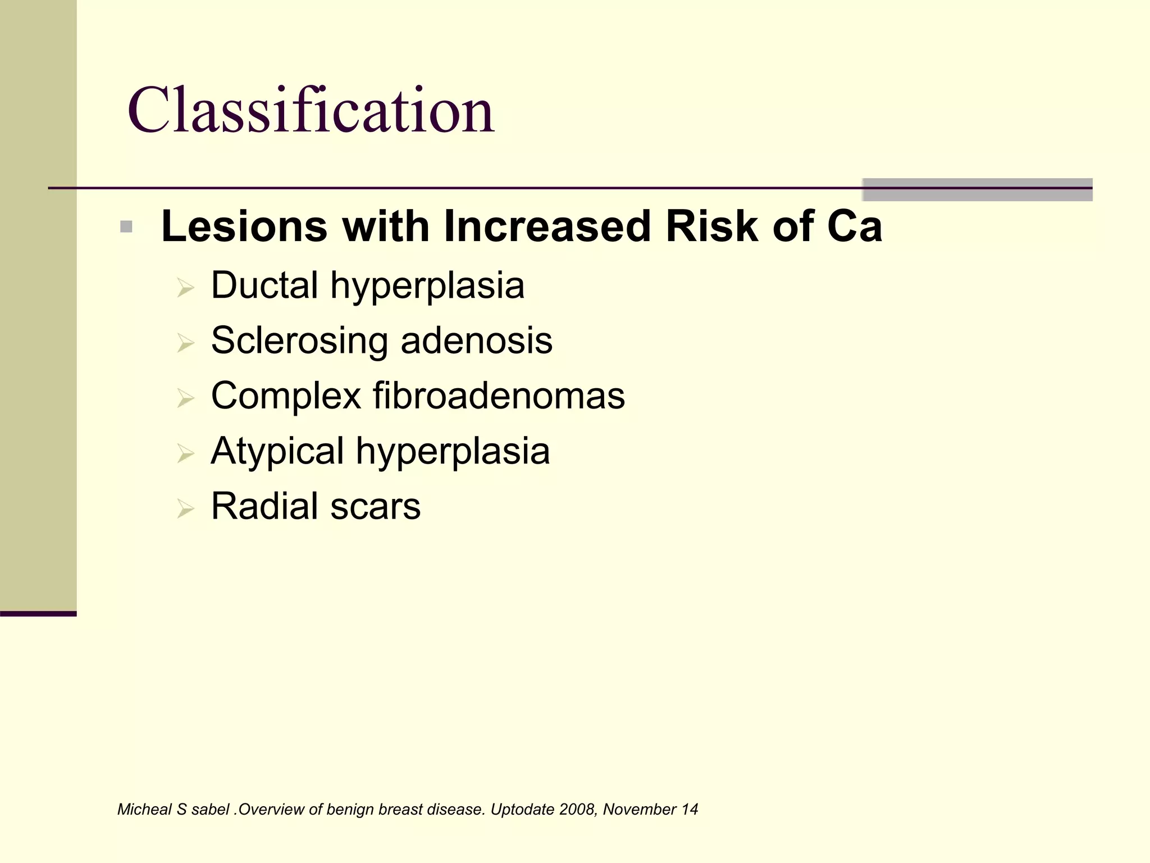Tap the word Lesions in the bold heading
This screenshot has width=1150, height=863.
coord(244,226)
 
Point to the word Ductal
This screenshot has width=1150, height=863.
coord(264,285)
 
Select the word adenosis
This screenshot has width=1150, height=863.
coord(477,340)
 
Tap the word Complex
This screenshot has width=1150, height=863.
coord(285,396)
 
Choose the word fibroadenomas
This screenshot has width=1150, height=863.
coord(499,396)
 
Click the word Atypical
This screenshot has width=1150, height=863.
coord(277,451)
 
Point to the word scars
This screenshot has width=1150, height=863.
coord(375,507)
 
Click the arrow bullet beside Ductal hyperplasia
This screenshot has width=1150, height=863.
coord(185,288)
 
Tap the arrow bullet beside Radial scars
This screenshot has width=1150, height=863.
coord(185,509)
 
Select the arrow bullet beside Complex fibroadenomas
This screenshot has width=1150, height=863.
coord(185,399)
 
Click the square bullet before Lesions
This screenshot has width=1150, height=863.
coord(126,227)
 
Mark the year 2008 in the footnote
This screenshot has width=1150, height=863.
coord(578,810)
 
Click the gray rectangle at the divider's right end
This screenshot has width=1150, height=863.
coord(977,189)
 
